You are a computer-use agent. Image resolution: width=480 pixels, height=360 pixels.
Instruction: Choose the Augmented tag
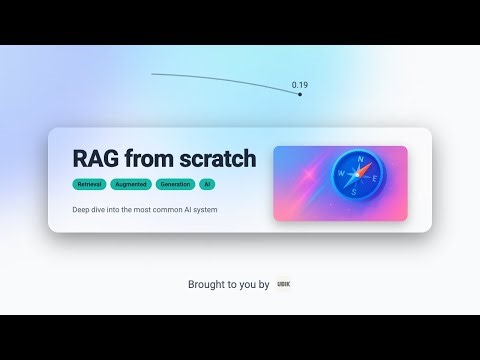click(x=131, y=185)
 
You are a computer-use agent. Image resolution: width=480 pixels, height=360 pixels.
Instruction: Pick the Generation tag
click(x=174, y=185)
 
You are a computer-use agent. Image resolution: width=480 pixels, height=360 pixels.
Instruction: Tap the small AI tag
click(x=207, y=185)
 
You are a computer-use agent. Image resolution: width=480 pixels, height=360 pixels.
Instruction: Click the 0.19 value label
click(x=300, y=85)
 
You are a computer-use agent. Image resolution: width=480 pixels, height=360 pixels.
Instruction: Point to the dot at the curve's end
click(x=300, y=94)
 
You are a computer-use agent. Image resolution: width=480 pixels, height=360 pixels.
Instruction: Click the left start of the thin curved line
click(x=153, y=73)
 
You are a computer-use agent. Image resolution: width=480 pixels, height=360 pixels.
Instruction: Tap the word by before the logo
click(x=264, y=285)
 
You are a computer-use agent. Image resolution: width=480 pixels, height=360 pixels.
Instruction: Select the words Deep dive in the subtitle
click(x=90, y=210)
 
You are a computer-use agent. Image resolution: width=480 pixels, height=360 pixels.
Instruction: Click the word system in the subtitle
click(x=205, y=210)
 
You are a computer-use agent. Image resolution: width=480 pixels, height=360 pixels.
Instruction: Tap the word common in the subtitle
click(x=165, y=210)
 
